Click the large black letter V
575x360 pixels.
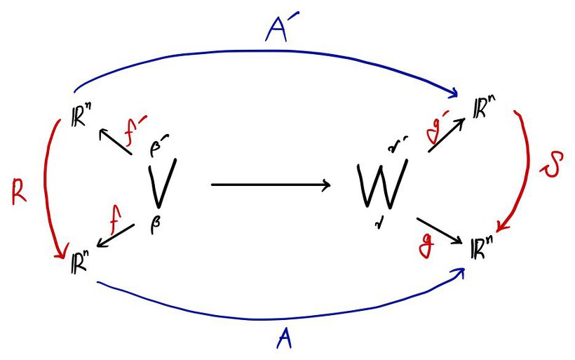pyautogui.click(x=161, y=184)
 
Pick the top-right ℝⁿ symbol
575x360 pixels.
pyautogui.click(x=483, y=112)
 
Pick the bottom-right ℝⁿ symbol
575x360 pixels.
pyautogui.click(x=483, y=250)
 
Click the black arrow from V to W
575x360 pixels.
pyautogui.click(x=271, y=185)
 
